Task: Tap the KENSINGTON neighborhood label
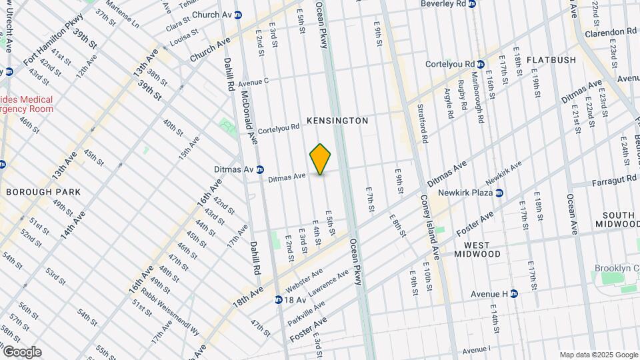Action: click(x=337, y=121)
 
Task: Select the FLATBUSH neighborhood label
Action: click(x=551, y=60)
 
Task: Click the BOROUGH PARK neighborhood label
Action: click(x=43, y=192)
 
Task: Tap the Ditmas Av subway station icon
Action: click(x=260, y=169)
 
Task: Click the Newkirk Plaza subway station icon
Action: click(x=499, y=193)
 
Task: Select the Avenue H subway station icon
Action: click(x=514, y=294)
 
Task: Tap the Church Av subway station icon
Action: click(x=238, y=15)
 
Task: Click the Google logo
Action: click(x=21, y=352)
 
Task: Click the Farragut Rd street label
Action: click(x=615, y=181)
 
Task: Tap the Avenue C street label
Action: click(x=253, y=82)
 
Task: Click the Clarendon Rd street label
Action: click(x=611, y=31)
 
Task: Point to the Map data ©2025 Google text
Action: click(x=598, y=355)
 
